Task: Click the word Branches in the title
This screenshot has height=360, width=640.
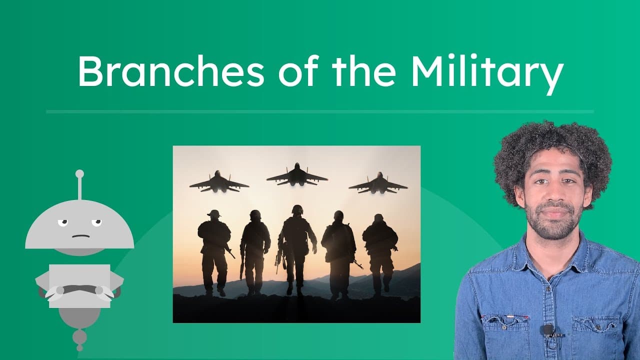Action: coord(170,71)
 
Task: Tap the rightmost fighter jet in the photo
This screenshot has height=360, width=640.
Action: coord(378,183)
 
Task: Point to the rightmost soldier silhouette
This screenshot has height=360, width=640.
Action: coord(380,250)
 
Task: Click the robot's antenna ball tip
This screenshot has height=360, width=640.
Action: coord(79,174)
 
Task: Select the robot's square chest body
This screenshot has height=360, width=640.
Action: coord(79,285)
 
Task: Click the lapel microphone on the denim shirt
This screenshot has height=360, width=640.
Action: coord(548,329)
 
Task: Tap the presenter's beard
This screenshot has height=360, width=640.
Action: coord(555,222)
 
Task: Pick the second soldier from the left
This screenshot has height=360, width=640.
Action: coord(255,250)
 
